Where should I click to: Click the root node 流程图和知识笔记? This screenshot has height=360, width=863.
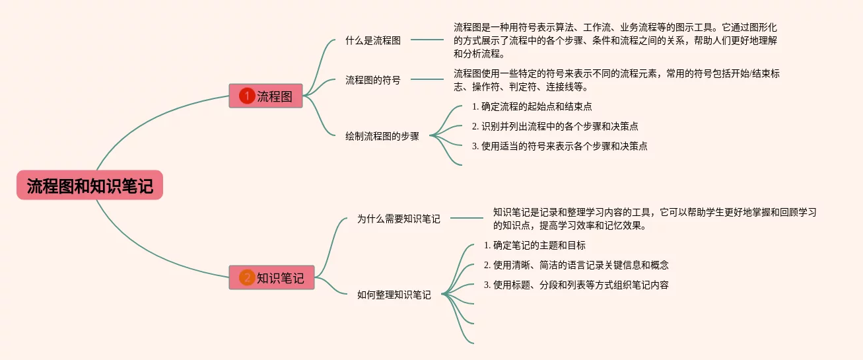(90, 186)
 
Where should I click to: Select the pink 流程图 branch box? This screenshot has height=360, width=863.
(265, 96)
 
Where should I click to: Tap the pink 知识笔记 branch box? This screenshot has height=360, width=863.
(271, 277)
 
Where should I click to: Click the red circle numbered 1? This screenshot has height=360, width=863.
(247, 96)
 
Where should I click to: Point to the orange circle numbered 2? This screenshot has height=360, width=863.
(247, 277)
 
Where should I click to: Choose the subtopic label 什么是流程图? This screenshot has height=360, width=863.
(373, 40)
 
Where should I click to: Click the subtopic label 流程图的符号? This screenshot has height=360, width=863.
(373, 80)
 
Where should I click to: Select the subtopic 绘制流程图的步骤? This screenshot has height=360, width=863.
(382, 136)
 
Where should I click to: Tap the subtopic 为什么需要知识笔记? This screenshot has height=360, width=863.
(398, 218)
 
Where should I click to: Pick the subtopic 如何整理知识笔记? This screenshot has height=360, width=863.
(394, 295)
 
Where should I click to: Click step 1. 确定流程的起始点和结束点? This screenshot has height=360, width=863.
(532, 106)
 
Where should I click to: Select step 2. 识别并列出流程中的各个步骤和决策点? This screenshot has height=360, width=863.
(555, 126)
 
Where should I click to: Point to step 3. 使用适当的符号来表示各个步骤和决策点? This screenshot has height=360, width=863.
(559, 146)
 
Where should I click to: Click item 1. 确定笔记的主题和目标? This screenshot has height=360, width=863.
(535, 245)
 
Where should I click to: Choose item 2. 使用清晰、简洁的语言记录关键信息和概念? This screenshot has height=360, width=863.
(576, 265)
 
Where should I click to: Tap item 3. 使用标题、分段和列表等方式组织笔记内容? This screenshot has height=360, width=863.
(576, 285)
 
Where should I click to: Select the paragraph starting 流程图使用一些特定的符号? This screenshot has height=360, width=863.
(617, 80)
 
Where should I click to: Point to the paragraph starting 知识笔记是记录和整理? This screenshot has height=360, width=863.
(654, 219)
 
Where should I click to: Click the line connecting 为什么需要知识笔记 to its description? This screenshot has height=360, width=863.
(466, 218)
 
